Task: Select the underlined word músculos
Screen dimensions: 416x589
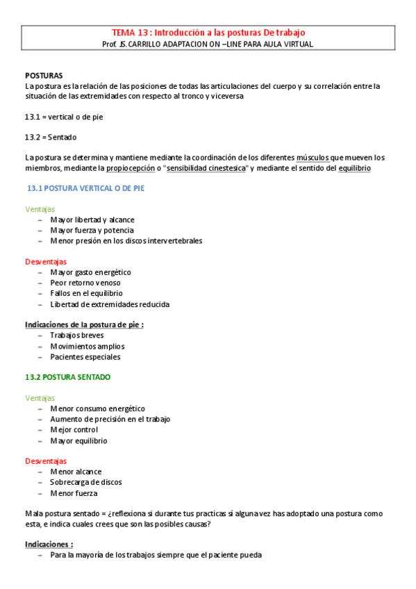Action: pyautogui.click(x=313, y=158)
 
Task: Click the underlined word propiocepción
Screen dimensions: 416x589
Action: pyautogui.click(x=130, y=168)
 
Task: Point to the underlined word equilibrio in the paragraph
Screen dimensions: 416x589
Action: pyautogui.click(x=354, y=168)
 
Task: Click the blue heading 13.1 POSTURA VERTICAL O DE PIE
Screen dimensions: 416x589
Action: pyautogui.click(x=85, y=188)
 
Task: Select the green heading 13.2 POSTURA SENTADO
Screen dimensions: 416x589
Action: pyautogui.click(x=67, y=377)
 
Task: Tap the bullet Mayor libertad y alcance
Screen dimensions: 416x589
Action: pyautogui.click(x=92, y=219)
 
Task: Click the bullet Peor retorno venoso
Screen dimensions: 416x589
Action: pyautogui.click(x=85, y=283)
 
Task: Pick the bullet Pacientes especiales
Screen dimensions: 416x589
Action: pyautogui.click(x=85, y=357)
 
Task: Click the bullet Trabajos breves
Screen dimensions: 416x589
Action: pyautogui.click(x=76, y=335)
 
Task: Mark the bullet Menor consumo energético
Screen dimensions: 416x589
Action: pyautogui.click(x=97, y=409)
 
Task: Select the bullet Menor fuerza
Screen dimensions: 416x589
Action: pyautogui.click(x=74, y=493)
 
